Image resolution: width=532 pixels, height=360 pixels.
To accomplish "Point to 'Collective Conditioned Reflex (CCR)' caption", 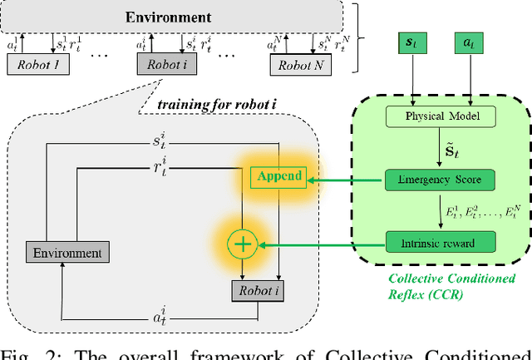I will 453,287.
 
